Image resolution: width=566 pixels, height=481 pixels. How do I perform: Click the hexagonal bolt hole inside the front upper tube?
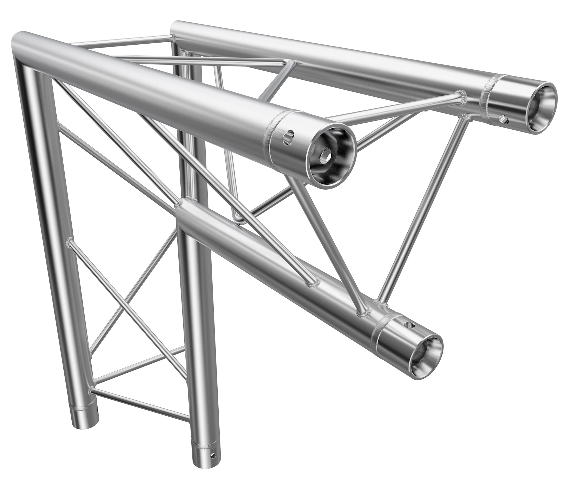click(x=324, y=157)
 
